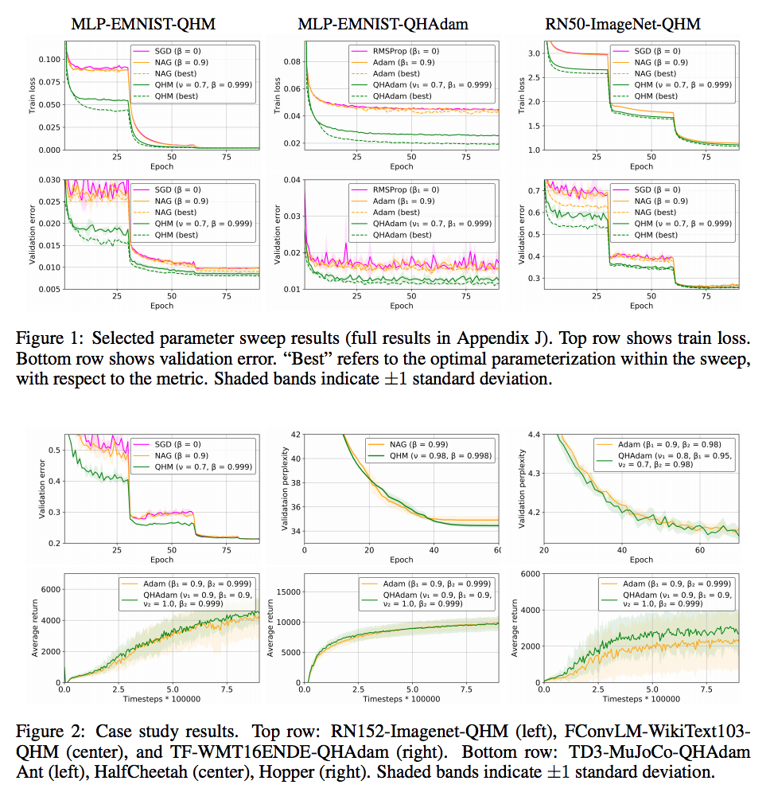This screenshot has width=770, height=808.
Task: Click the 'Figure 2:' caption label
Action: (46, 731)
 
